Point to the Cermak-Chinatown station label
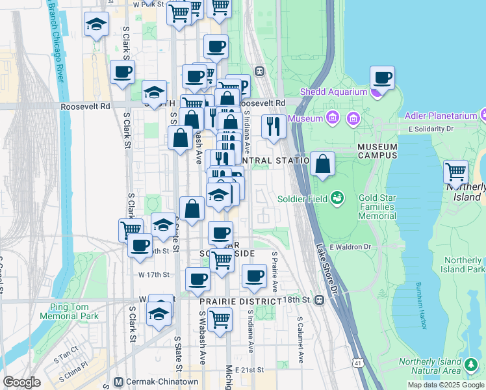click(152, 382)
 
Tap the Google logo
click(21, 382)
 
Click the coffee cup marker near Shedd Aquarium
click(382, 79)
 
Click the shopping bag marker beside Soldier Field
click(322, 165)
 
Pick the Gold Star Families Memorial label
click(377, 206)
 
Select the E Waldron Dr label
click(350, 247)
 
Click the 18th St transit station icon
click(319, 300)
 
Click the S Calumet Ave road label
click(300, 340)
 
